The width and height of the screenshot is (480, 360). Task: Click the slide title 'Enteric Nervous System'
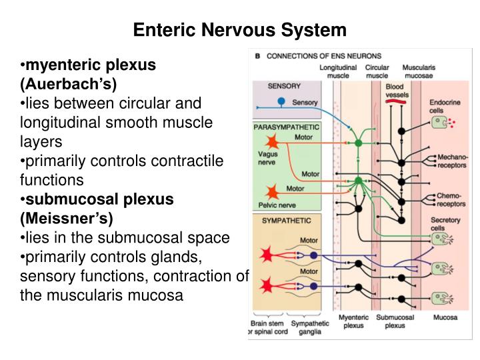tap(240, 30)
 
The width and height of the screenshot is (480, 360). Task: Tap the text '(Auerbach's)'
tap(68, 84)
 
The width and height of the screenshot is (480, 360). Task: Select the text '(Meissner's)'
tap(67, 218)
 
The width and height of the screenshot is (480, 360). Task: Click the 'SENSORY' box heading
tap(284, 86)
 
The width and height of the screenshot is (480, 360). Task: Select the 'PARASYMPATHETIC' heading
tap(287, 126)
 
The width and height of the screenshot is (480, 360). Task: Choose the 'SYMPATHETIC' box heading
tap(282, 219)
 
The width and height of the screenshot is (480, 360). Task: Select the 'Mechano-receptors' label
tap(453, 161)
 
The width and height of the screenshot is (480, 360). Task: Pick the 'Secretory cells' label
tap(446, 224)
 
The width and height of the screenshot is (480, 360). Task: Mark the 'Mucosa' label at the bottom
tap(445, 318)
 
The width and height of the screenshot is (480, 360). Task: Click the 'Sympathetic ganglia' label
tap(311, 327)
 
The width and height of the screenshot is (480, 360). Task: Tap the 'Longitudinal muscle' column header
tap(337, 71)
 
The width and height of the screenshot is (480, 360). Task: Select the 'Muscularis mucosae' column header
tap(420, 71)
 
